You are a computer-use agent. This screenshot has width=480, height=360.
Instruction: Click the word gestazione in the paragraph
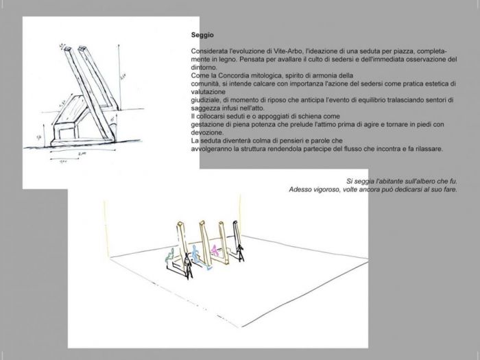208,124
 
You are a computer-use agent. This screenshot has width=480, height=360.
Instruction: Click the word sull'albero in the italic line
403,181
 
